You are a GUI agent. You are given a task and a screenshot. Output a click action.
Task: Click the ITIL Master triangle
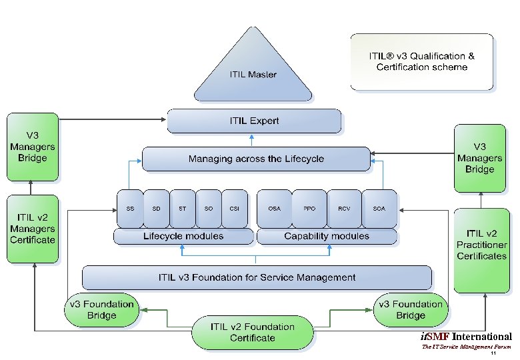[x=253, y=70]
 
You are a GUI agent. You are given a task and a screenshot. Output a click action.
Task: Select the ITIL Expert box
[x=254, y=121]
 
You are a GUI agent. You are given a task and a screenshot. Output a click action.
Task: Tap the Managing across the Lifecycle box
[x=256, y=159]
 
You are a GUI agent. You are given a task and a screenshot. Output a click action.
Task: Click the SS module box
[x=130, y=209]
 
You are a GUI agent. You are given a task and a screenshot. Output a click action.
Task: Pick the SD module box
[x=156, y=209]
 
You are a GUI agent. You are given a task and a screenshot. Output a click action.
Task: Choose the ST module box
[x=182, y=209]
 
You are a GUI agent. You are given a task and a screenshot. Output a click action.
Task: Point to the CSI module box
[x=234, y=209]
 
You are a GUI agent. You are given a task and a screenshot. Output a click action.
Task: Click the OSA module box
[x=274, y=209]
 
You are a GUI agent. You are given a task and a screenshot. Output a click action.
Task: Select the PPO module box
[x=309, y=209]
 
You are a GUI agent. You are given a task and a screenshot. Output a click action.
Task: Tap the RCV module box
[x=344, y=209]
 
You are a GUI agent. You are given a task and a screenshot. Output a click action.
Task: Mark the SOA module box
[x=379, y=209]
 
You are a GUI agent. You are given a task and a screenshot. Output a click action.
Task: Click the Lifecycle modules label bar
[x=183, y=237]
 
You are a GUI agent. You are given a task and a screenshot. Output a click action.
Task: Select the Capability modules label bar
[x=327, y=237]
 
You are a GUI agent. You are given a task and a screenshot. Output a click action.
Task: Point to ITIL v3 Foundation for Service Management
[x=257, y=277]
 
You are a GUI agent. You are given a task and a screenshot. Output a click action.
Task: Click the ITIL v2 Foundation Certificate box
[x=253, y=333]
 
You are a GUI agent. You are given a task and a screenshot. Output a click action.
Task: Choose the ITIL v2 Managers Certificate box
[x=32, y=229]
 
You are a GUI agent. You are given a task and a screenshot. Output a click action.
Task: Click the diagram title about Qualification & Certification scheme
[x=422, y=62]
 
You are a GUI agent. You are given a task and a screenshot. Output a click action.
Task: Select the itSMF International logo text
[x=467, y=337]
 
